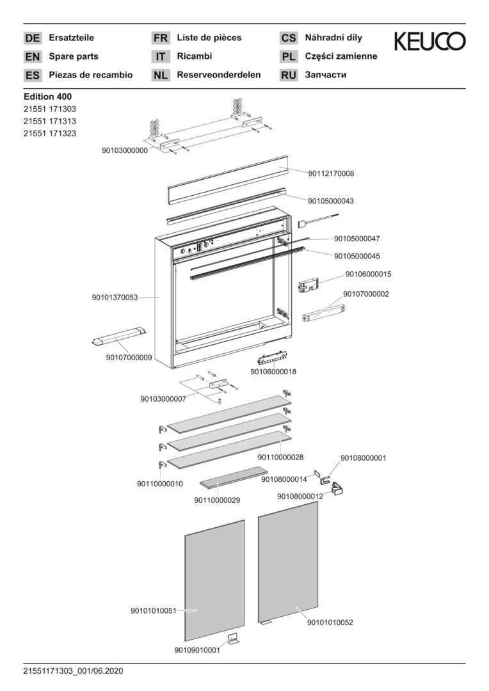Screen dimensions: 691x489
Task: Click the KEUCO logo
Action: pyautogui.click(x=429, y=42)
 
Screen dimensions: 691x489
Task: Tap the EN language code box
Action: pyautogui.click(x=32, y=56)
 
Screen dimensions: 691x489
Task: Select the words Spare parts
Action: pyautogui.click(x=74, y=56)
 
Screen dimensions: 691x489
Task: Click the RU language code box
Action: pyautogui.click(x=289, y=75)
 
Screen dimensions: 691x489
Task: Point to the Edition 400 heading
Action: pyautogui.click(x=47, y=97)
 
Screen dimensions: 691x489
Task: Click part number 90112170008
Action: pyautogui.click(x=331, y=173)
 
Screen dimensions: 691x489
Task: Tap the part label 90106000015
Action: pyautogui.click(x=368, y=274)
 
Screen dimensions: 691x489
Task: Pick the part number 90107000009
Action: pyautogui.click(x=129, y=358)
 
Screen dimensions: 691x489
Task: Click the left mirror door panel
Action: pyautogui.click(x=214, y=579)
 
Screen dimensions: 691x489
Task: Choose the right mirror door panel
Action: pyautogui.click(x=288, y=563)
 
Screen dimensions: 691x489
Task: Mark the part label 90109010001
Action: pyautogui.click(x=196, y=650)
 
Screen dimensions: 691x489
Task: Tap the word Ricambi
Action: pyautogui.click(x=194, y=56)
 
